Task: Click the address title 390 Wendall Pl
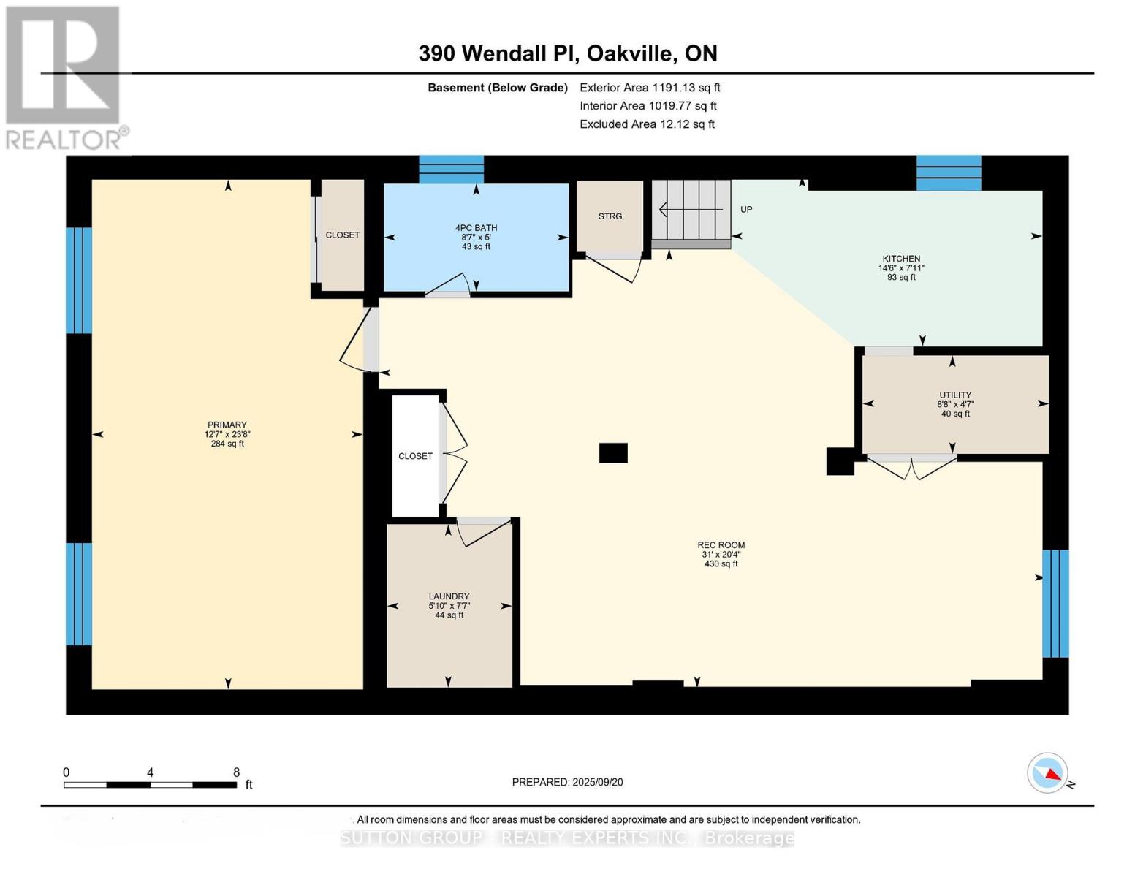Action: pos(567,53)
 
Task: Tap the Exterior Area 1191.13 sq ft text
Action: pos(650,88)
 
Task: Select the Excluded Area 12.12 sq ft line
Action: pos(647,124)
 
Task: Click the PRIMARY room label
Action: pos(227,425)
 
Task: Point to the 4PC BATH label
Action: pos(476,228)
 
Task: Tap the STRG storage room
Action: pos(610,216)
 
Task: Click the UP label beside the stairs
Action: pos(746,210)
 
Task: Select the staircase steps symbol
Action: pos(691,210)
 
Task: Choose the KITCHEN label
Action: pos(901,259)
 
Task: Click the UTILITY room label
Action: pos(955,395)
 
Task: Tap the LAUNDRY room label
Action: pos(449,596)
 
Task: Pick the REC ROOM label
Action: pos(721,545)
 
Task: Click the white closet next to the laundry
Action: pos(415,456)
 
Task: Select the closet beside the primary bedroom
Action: pos(342,235)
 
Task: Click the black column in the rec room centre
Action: pos(613,453)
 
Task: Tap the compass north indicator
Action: pos(1048,773)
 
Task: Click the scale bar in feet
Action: pos(150,785)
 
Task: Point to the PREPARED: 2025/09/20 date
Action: pos(567,782)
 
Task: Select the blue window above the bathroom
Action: pos(451,169)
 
